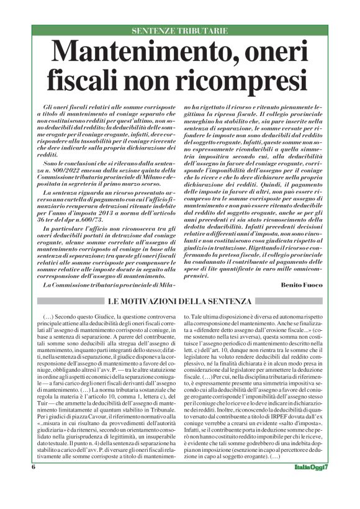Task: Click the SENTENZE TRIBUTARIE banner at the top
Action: (x=179, y=31)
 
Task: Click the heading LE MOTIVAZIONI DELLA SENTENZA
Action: (x=181, y=302)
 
